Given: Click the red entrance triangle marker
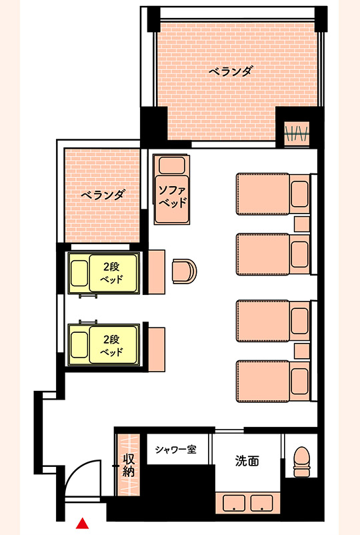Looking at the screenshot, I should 82,523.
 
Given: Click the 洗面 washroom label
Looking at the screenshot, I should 247,460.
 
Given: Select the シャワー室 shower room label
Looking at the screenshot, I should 175,449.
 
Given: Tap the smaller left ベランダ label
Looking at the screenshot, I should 103,195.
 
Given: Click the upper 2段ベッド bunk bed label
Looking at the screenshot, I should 111,272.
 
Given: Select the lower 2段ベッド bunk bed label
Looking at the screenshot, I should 111,344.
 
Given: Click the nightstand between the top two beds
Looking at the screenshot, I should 302,223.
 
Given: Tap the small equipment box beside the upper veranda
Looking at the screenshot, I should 297,133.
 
